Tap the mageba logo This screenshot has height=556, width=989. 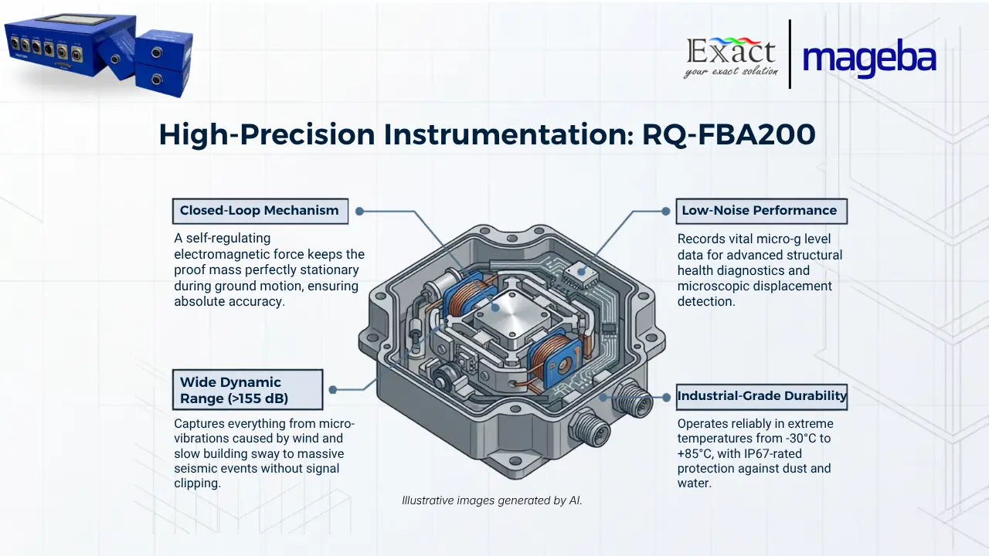[869, 58]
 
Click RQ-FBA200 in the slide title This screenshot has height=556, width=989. [729, 134]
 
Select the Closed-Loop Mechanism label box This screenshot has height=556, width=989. [260, 211]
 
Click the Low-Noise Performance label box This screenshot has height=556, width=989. [761, 211]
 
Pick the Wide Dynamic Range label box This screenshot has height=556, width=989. [247, 390]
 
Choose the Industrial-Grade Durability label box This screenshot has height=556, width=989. [761, 396]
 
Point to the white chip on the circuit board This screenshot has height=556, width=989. [580, 274]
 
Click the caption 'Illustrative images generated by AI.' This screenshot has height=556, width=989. [492, 500]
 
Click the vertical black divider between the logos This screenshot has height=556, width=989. [790, 54]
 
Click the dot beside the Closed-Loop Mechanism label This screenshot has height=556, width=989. [359, 212]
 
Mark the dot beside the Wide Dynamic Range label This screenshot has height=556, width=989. [333, 390]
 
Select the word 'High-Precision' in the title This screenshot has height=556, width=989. [267, 134]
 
